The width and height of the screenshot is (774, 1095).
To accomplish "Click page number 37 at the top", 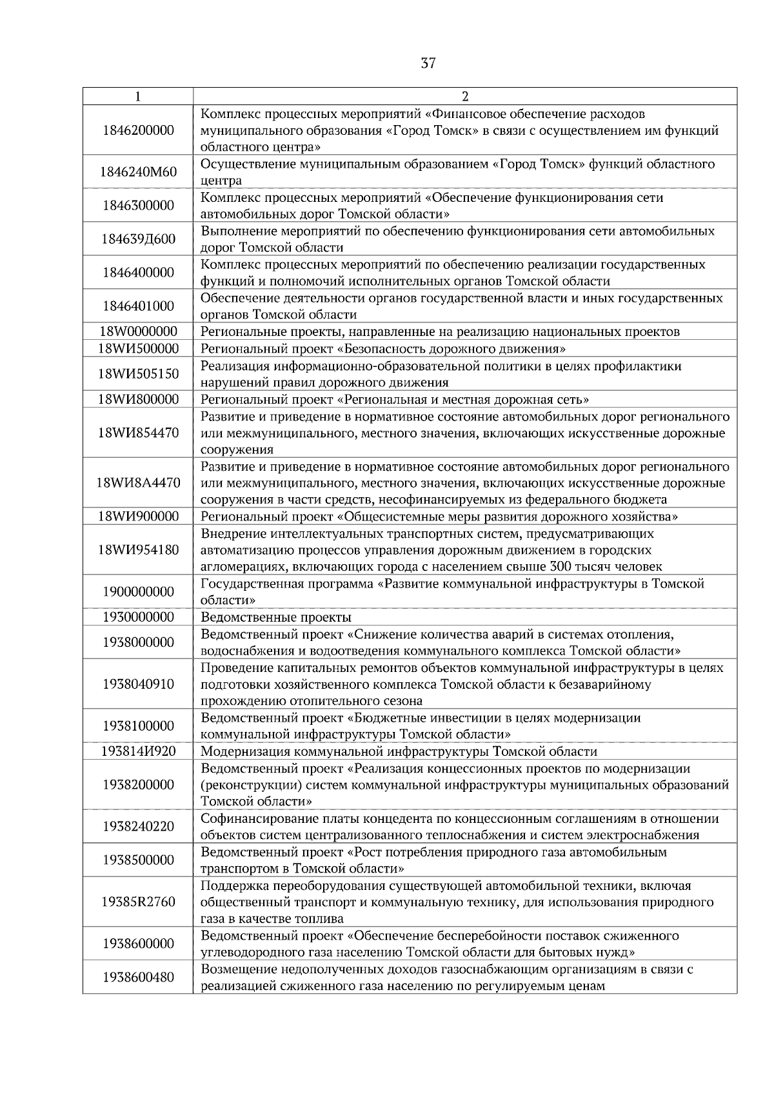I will [x=428, y=63].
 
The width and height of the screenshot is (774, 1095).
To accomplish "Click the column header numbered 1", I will [x=138, y=97].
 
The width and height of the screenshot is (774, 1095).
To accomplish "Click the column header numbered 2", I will [x=465, y=97].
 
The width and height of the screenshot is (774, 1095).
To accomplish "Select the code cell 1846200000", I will [x=138, y=130].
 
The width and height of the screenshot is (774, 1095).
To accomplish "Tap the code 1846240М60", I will [x=138, y=172].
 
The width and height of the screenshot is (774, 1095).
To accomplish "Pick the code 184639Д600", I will [x=138, y=239].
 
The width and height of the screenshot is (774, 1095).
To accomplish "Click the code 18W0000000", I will [x=138, y=332].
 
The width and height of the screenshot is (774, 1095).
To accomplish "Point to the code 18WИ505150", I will [x=138, y=374].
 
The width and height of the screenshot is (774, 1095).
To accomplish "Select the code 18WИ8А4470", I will [x=138, y=483].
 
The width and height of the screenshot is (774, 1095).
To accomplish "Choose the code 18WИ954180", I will [x=138, y=550].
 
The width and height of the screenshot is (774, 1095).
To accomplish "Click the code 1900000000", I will [x=138, y=592].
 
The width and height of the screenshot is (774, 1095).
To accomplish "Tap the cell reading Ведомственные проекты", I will [x=276, y=617].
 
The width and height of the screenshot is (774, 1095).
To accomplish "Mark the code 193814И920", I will [x=138, y=751].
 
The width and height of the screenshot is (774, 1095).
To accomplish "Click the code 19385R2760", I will [x=138, y=902].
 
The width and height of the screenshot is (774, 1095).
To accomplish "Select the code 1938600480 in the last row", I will [x=138, y=978].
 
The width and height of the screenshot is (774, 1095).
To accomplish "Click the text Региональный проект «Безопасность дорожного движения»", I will [x=383, y=349].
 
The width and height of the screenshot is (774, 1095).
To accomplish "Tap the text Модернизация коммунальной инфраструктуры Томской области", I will [x=399, y=751].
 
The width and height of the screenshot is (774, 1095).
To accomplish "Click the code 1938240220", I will [x=138, y=827].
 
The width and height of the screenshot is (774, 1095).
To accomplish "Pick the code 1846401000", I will [x=138, y=306].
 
